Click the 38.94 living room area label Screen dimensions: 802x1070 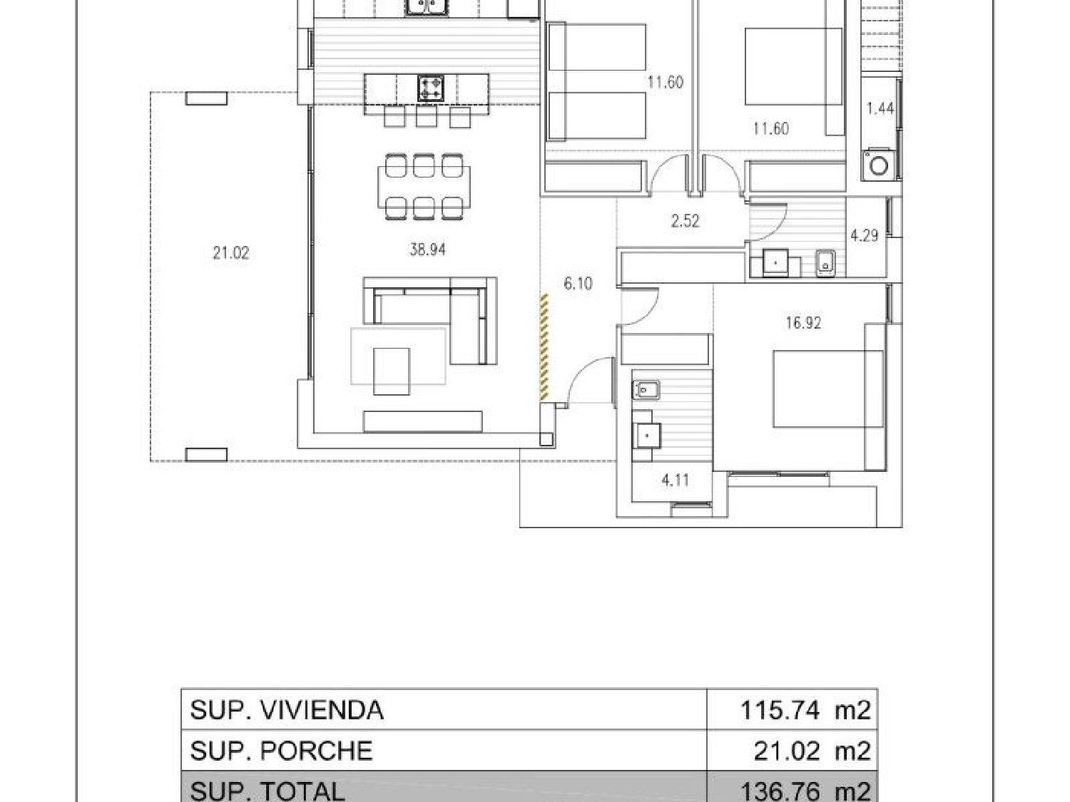point(427,250)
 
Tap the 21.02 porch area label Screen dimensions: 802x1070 point(230,252)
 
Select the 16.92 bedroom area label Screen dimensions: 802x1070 point(802,323)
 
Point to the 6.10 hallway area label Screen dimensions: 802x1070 point(578,284)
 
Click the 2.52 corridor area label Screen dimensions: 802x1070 point(685,221)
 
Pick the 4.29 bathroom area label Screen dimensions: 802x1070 point(865,235)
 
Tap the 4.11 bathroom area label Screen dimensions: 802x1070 point(675,480)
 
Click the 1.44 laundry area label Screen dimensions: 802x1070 point(880,108)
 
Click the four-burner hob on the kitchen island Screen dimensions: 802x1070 point(430,89)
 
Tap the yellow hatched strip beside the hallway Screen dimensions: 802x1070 point(544,346)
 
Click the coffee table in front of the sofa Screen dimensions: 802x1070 point(392,371)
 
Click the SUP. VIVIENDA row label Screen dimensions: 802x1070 point(287,710)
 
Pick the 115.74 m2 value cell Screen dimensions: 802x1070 point(805,710)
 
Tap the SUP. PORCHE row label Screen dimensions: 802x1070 point(281,751)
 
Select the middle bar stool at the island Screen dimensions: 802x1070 point(426,116)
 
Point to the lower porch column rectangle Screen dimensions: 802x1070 point(207,454)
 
